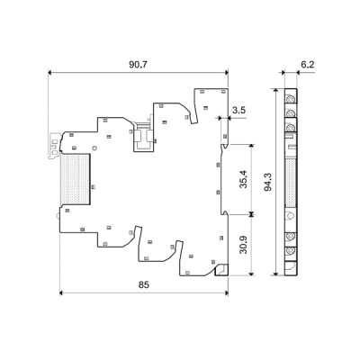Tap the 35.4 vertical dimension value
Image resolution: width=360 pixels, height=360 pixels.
coord(241,177)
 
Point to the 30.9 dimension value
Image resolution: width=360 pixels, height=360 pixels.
coord(241,244)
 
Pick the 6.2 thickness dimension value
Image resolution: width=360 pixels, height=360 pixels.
coord(307,65)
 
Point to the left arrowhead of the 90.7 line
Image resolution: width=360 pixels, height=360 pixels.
coord(50,73)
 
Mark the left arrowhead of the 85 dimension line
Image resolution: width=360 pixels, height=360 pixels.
coord(62,293)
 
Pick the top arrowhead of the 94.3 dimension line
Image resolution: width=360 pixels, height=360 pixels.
coord(272,92)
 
